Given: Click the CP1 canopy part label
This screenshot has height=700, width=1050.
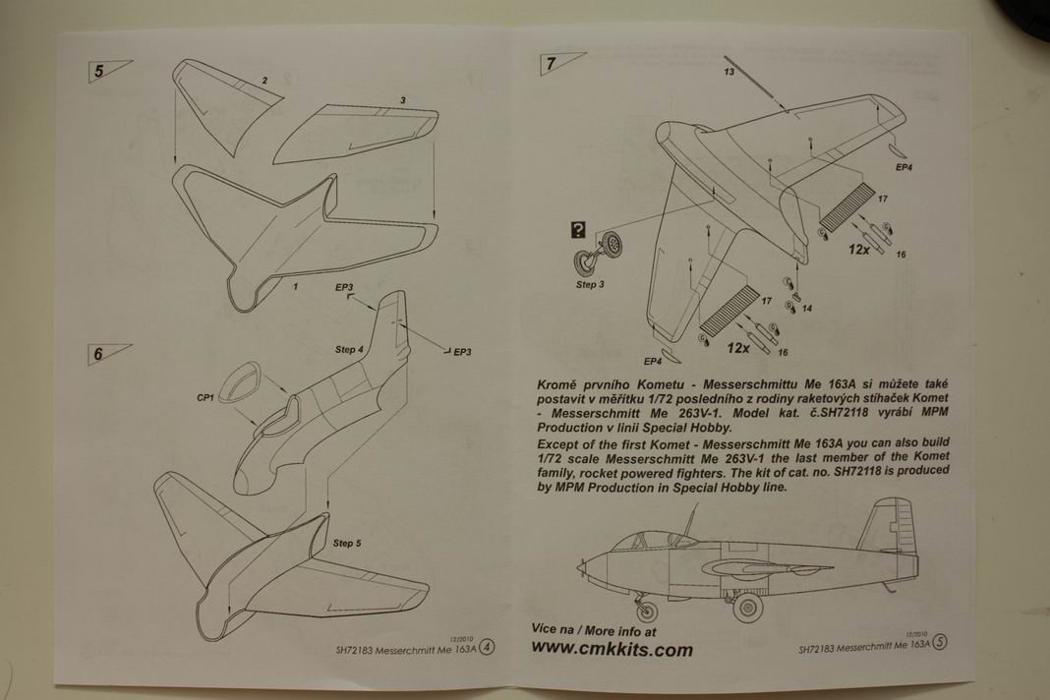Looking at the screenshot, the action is [205, 398].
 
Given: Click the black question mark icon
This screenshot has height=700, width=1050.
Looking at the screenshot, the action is [578, 230].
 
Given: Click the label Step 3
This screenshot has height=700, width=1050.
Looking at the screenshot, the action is [590, 297].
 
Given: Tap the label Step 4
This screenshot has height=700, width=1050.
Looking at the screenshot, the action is [349, 350].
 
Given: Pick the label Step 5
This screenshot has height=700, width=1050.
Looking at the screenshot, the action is [347, 543].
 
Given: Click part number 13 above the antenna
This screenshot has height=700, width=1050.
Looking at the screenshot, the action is [729, 72].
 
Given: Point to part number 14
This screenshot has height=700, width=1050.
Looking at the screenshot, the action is [806, 308].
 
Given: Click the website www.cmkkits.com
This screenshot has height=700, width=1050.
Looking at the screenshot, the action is [612, 649].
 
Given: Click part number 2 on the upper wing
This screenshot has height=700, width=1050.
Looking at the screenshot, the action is [264, 80].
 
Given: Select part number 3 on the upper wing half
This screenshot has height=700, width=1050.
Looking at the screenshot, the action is [403, 100].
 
